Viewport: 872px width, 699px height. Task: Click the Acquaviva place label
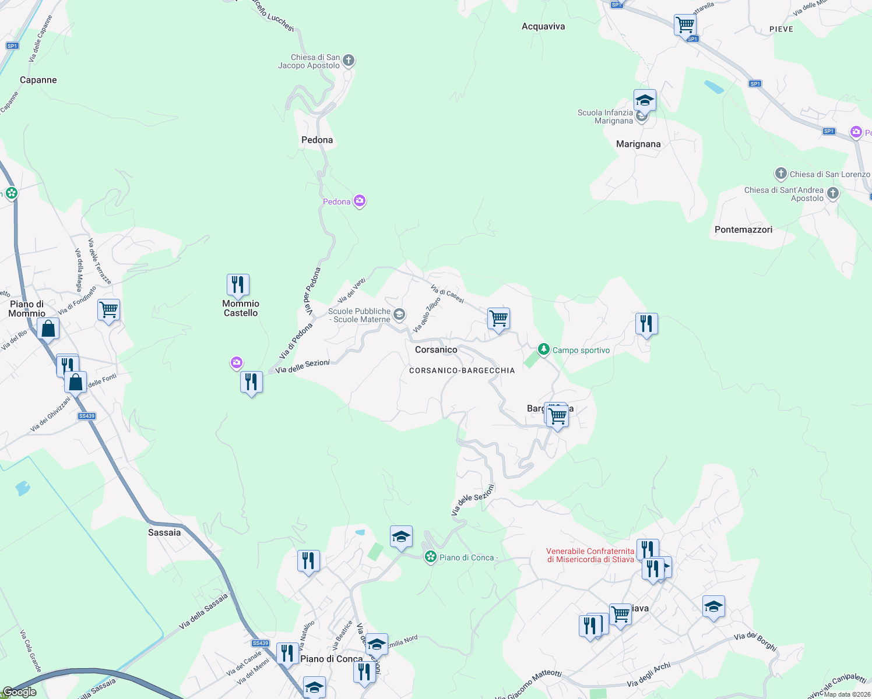pos(543,26)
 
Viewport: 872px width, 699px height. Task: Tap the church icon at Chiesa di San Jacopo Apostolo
pos(349,61)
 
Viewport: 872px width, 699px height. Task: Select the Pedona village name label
pos(317,140)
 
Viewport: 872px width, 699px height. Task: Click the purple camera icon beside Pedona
pos(360,202)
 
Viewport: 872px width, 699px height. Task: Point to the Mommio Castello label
pos(241,308)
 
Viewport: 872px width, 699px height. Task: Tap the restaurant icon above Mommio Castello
pos(238,285)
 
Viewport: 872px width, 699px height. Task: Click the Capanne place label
pos(38,80)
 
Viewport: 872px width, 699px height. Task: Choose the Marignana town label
pos(638,144)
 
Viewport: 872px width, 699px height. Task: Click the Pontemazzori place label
pos(743,230)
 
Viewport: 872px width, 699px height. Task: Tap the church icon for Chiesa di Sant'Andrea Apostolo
pos(833,193)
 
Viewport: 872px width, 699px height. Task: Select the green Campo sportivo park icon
pos(544,349)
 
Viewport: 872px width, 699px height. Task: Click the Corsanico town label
pos(436,349)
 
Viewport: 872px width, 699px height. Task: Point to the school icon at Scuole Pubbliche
pos(399,315)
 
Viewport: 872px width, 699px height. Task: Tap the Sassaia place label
pos(164,532)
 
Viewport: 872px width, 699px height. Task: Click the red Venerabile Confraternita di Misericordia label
pos(590,555)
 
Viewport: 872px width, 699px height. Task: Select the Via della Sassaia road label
pos(203,611)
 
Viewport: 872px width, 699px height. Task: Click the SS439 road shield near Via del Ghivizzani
pos(87,416)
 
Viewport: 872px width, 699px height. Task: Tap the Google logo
pos(20,692)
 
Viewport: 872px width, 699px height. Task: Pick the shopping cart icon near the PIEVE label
pos(685,25)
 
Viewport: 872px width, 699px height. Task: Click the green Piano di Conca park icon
pos(431,557)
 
